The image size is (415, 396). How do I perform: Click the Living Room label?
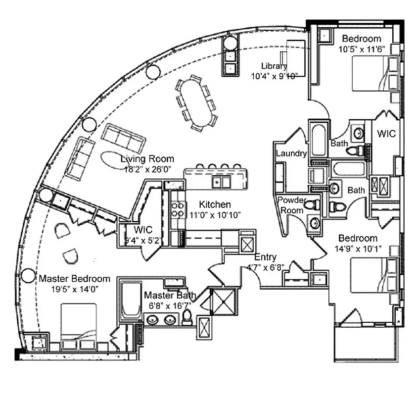(x=147, y=159)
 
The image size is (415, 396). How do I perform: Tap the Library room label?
(x=275, y=66)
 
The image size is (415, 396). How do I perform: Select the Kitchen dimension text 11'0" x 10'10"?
(x=215, y=214)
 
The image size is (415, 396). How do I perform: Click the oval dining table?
(x=197, y=103)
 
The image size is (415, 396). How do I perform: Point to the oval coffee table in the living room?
(x=115, y=160)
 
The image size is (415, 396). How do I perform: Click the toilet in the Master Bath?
(x=187, y=317)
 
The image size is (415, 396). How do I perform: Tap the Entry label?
(x=265, y=257)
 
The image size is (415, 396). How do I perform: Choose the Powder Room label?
(x=291, y=204)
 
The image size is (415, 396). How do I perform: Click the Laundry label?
(x=291, y=153)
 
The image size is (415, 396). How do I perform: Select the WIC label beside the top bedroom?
(x=386, y=134)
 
